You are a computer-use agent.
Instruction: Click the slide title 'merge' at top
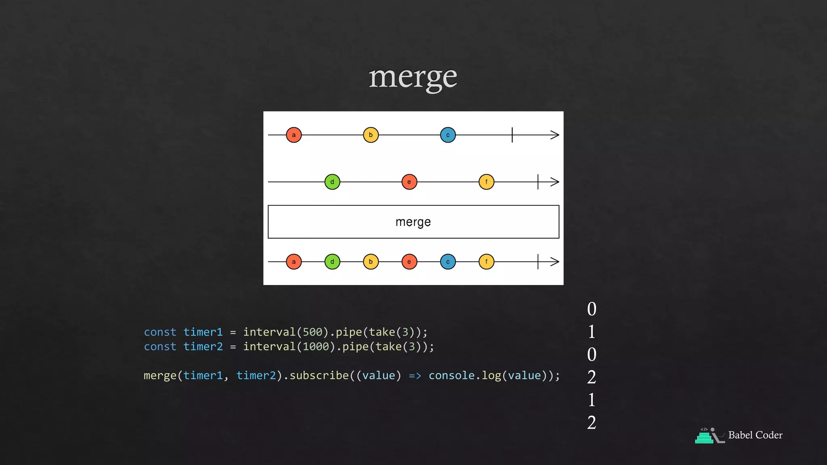[x=413, y=77]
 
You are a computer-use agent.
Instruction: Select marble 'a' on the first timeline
[x=294, y=135]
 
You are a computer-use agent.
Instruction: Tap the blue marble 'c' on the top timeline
[x=448, y=135]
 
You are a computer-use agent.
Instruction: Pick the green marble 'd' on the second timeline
[x=332, y=182]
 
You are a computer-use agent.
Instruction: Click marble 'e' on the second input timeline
[x=409, y=182]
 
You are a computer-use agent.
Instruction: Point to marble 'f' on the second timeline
[x=486, y=182]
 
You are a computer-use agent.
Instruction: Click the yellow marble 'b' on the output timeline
[x=371, y=262]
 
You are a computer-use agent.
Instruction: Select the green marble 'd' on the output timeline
[x=332, y=262]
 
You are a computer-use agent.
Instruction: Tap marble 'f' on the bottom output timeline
[x=486, y=262]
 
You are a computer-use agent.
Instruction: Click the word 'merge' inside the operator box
[x=413, y=222]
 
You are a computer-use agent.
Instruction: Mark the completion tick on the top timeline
[x=512, y=135]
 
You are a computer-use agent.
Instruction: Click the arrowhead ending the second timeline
[x=555, y=182]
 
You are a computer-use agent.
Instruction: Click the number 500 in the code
[x=313, y=332]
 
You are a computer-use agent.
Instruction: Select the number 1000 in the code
[x=316, y=347]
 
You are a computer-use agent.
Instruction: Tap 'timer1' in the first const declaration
[x=203, y=332]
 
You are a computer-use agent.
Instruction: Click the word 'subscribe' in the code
[x=319, y=376]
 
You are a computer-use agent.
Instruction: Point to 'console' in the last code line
[x=451, y=376]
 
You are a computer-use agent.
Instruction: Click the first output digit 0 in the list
[x=592, y=309]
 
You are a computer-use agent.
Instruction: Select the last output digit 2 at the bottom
[x=592, y=423]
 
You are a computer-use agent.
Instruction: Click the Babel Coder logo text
[x=755, y=435]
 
